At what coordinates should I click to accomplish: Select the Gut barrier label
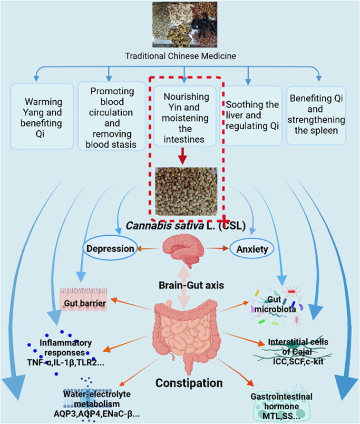click(85, 303)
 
